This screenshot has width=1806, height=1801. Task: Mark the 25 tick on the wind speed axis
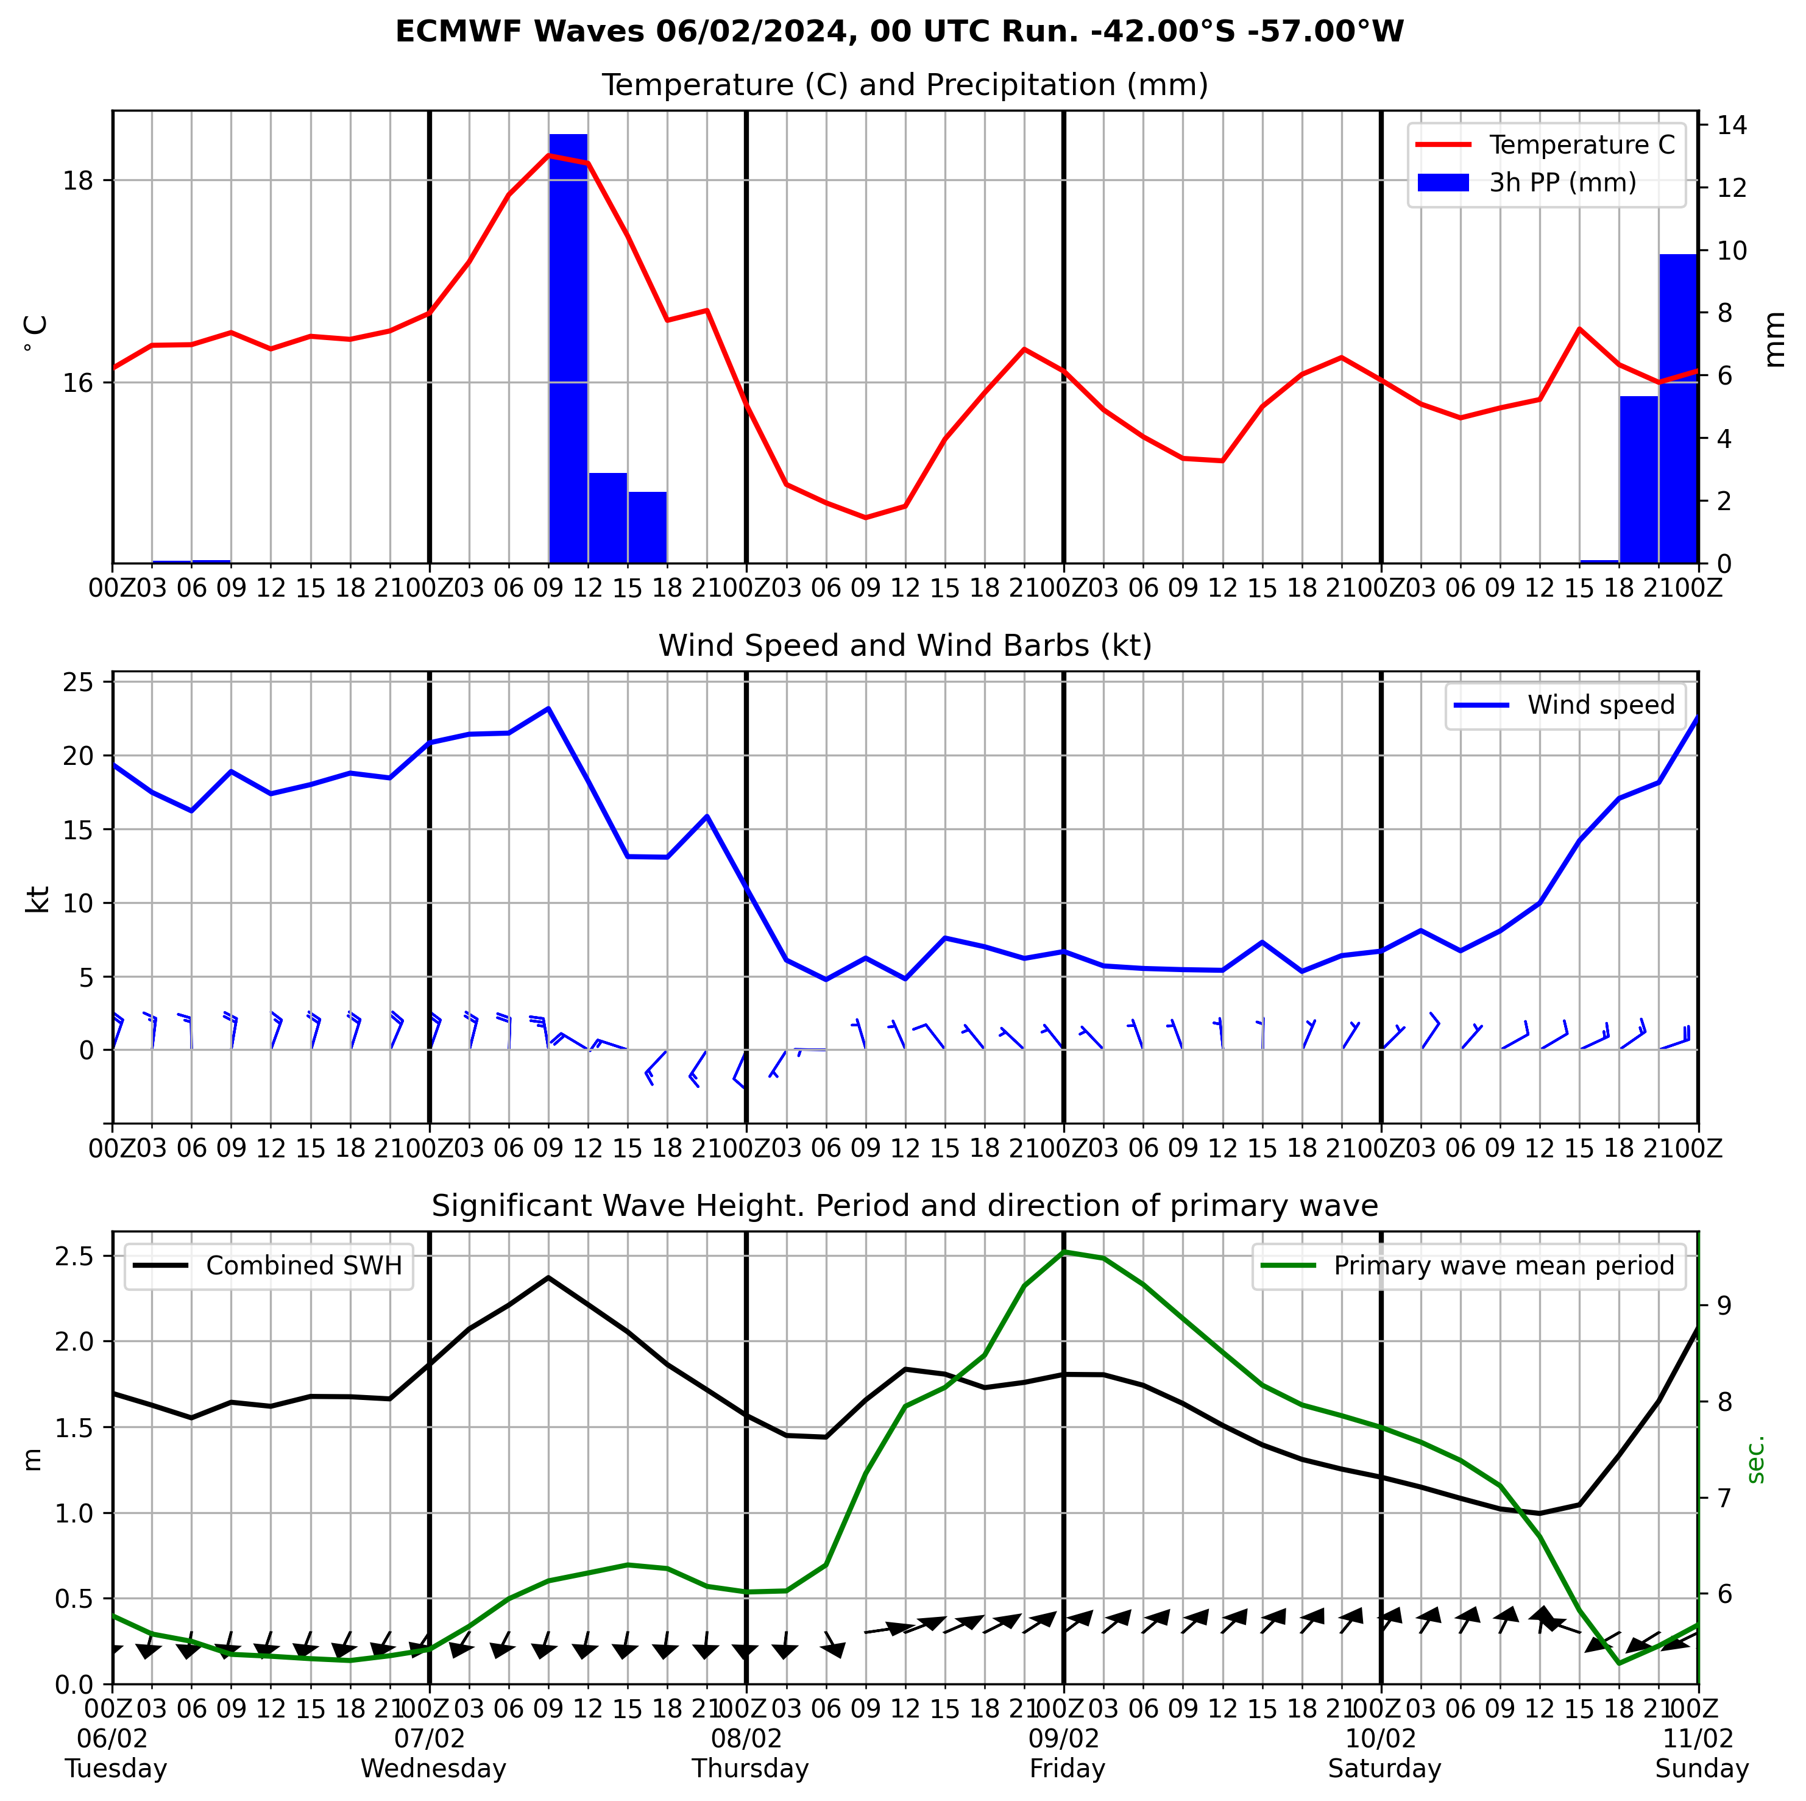79,683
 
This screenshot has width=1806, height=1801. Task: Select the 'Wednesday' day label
433,1768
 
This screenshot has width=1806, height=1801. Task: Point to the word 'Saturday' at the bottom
1384,1768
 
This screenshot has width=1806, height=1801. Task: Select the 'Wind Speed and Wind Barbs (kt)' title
904,645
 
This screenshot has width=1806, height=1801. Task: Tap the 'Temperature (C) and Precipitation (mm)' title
904,85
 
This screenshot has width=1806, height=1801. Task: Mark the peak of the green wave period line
1064,1251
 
